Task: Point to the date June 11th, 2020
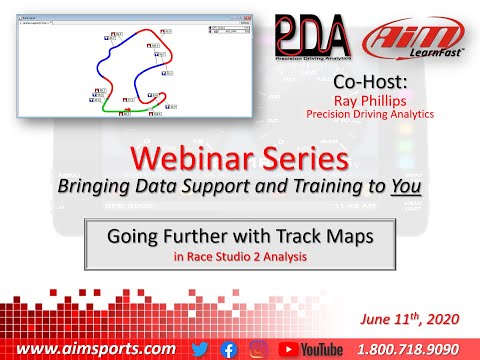(x=415, y=318)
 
